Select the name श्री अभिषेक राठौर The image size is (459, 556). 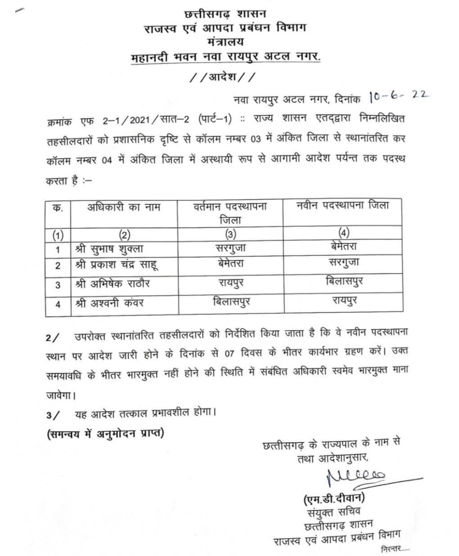point(113,284)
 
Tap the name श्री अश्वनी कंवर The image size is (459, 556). point(109,303)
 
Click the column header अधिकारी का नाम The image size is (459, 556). point(124,207)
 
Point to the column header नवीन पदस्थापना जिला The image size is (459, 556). point(342,206)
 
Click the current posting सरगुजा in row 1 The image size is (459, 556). point(231,247)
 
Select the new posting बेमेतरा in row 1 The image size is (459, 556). point(343,246)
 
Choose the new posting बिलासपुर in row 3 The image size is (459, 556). point(344,282)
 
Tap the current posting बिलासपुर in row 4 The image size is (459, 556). point(231,302)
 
